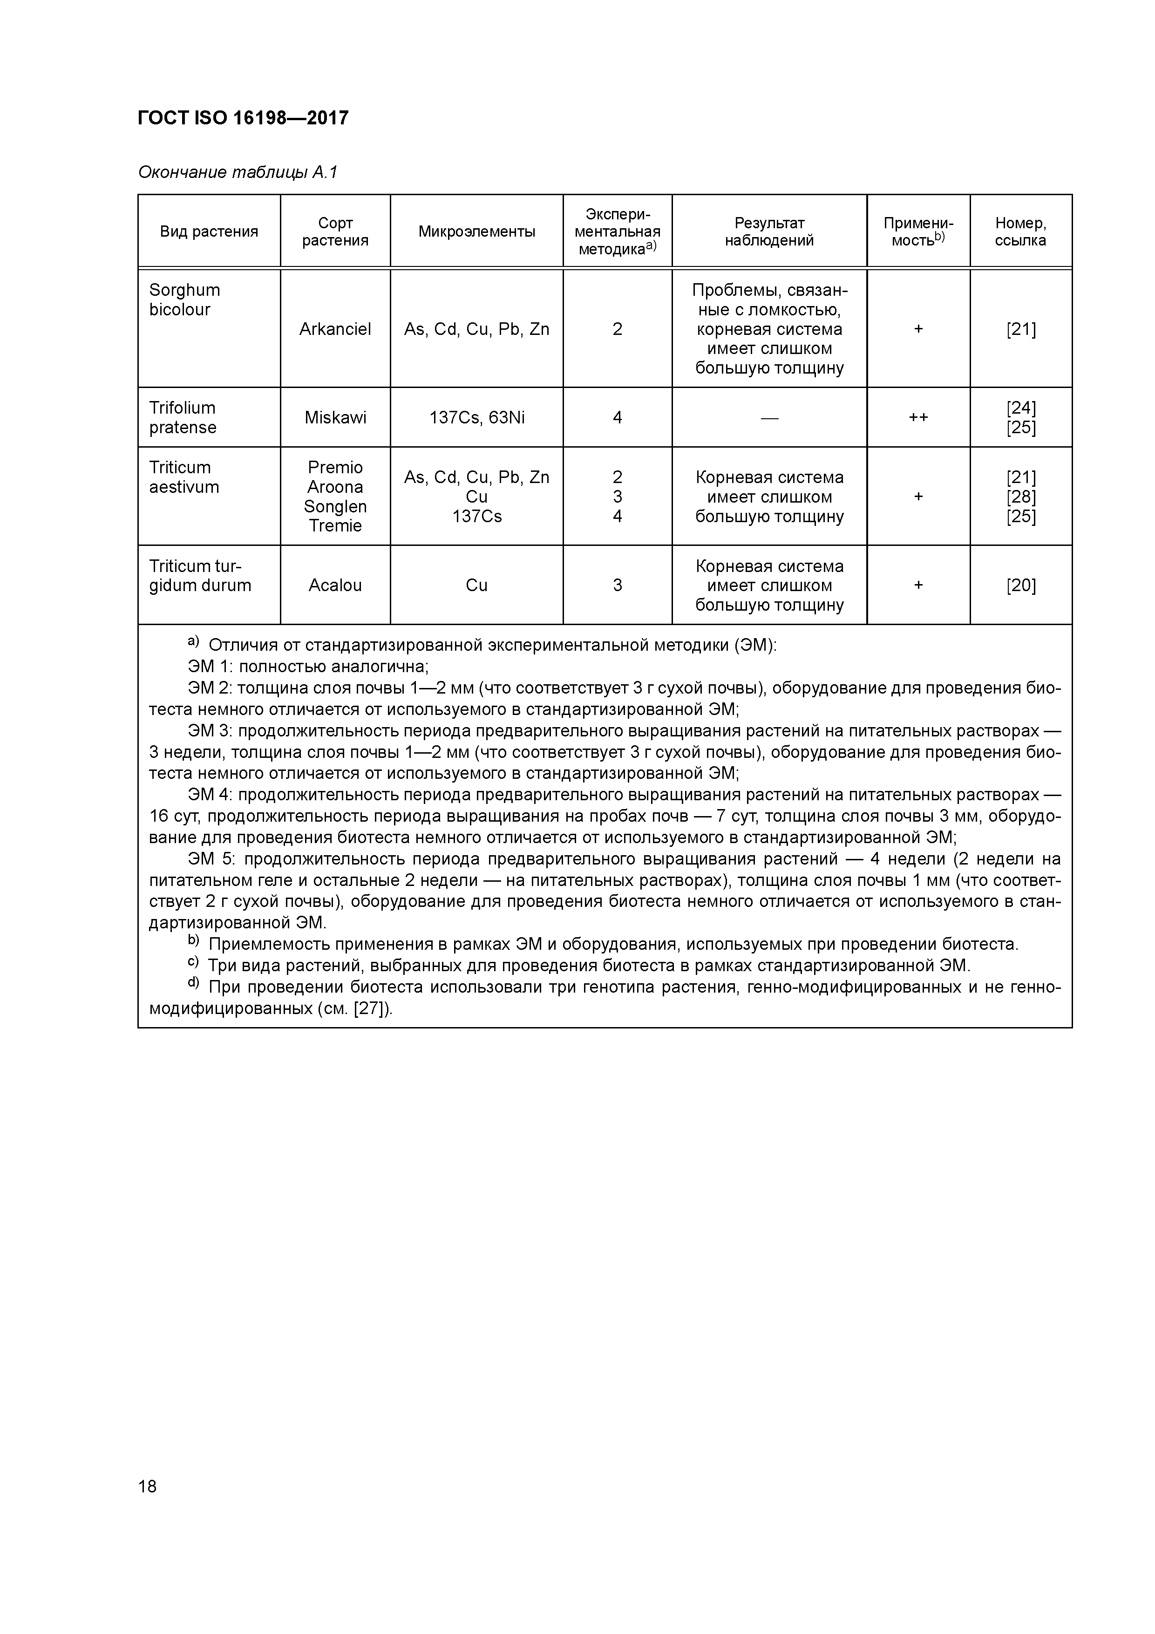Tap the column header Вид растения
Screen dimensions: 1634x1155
[209, 231]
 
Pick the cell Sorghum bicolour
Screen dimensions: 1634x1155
[184, 300]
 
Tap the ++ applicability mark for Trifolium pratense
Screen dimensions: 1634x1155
[918, 417]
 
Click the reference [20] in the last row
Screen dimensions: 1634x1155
[1020, 585]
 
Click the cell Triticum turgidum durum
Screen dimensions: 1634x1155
[199, 576]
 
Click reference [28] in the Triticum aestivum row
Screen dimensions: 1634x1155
[1020, 497]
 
